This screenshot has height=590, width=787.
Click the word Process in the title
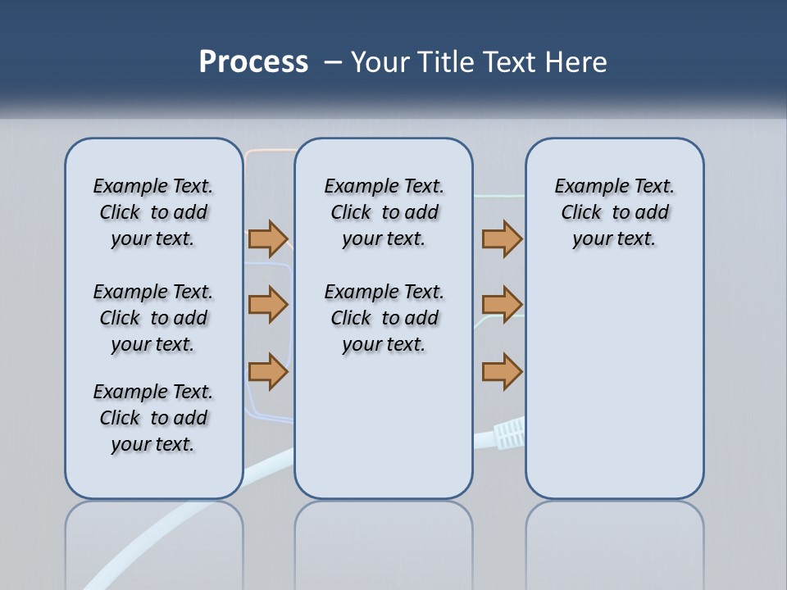[253, 61]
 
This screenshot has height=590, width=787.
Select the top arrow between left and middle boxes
[268, 238]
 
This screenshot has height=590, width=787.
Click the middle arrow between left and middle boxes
[268, 305]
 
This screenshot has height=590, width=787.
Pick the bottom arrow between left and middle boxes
[268, 371]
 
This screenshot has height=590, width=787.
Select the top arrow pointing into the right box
[502, 238]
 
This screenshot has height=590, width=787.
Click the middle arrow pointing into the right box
[502, 305]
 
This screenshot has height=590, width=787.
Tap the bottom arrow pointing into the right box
[502, 371]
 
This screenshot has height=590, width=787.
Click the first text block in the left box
[153, 212]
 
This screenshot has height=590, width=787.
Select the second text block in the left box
[153, 318]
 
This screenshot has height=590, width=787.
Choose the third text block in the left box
[153, 418]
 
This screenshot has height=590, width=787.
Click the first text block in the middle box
[384, 212]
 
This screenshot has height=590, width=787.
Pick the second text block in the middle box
[384, 318]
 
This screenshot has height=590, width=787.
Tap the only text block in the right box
[614, 212]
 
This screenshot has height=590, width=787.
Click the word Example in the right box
[585, 187]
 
